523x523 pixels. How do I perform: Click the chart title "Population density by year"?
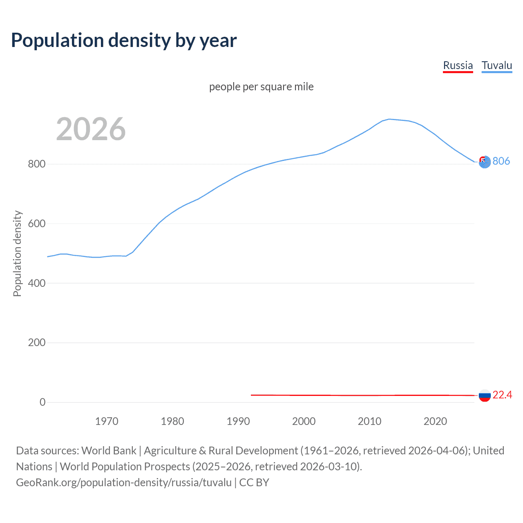(x=124, y=40)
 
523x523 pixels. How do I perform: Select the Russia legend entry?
(x=458, y=65)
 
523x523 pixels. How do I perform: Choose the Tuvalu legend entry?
(x=496, y=65)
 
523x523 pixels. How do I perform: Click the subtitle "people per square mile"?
(x=261, y=87)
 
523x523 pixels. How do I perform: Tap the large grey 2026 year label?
(x=91, y=129)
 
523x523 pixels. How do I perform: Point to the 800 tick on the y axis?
(x=36, y=164)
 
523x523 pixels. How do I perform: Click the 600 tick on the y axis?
(x=36, y=224)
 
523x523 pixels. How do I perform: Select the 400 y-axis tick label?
(x=36, y=283)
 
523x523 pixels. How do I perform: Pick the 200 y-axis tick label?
(x=36, y=343)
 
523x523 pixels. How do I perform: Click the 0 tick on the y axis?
(x=42, y=402)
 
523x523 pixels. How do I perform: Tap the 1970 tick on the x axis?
(x=107, y=421)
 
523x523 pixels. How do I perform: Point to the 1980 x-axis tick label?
(x=172, y=421)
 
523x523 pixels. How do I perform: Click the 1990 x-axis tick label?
(x=238, y=421)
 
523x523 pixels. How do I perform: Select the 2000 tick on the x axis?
(x=304, y=421)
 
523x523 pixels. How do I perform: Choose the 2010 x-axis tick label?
(x=369, y=421)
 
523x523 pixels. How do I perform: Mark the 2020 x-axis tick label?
(x=435, y=421)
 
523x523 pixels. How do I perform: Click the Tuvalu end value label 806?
(x=501, y=161)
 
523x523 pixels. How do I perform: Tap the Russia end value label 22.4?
(x=502, y=395)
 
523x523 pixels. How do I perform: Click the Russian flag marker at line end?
(x=485, y=395)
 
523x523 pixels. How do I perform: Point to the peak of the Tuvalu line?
(x=389, y=119)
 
